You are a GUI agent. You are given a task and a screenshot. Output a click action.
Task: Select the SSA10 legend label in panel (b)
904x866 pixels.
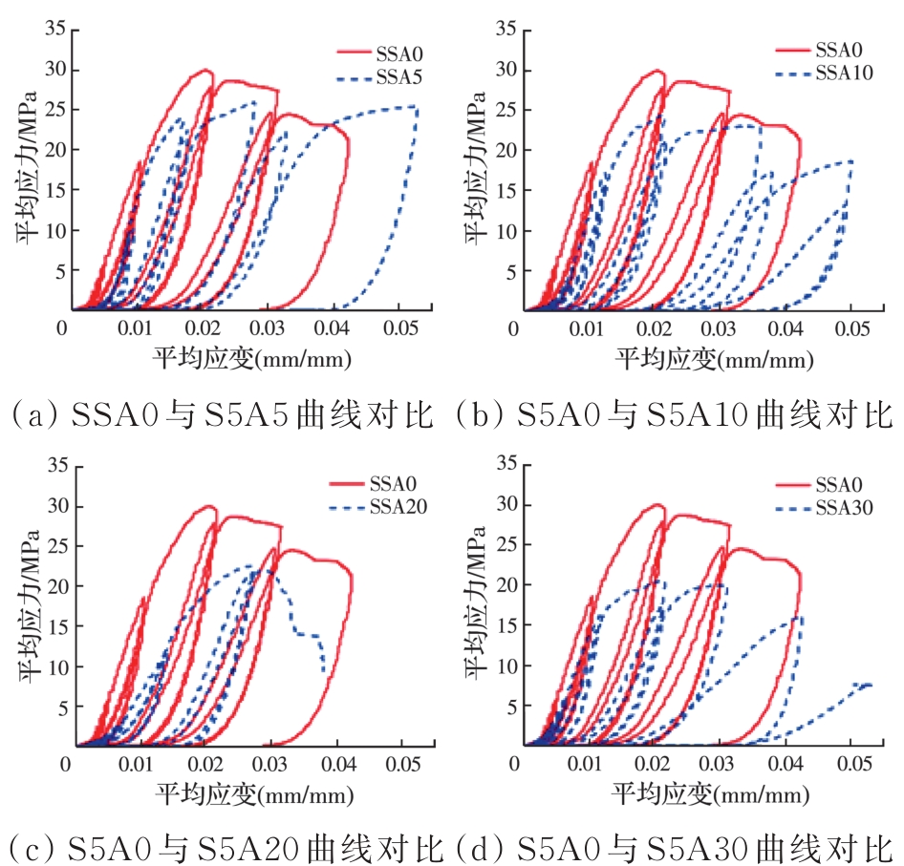[842, 74]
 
